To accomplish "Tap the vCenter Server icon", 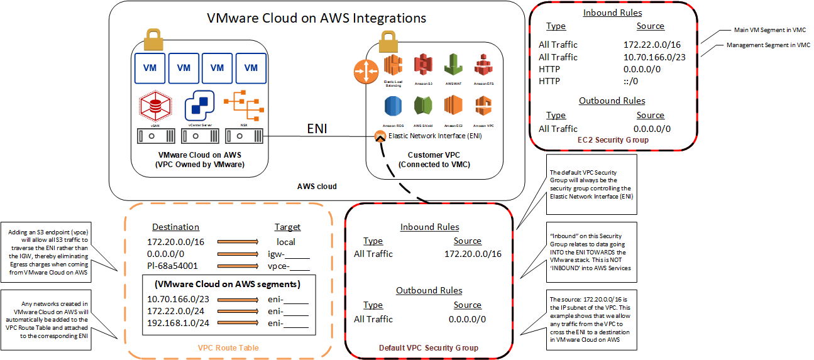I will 199,106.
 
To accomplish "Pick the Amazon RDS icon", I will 393,106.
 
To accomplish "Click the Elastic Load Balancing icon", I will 393,65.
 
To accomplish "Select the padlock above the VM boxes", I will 153,41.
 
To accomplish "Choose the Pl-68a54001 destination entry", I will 173,266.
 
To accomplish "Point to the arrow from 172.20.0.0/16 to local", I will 238,242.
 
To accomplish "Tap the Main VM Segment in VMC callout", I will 769,30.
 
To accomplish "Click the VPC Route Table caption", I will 228,347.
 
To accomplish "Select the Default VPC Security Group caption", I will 429,347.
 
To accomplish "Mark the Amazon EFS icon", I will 483,65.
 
